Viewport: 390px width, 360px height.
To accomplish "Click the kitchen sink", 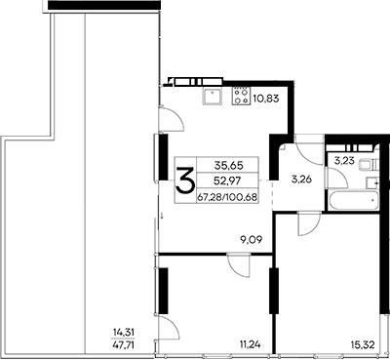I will coord(212,96).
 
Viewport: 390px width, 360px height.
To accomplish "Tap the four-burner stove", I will coord(240,96).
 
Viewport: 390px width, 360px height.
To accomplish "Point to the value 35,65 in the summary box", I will coord(225,166).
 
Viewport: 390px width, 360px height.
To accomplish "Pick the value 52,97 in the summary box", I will coord(225,181).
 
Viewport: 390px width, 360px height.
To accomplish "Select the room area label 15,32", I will coord(362,343).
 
